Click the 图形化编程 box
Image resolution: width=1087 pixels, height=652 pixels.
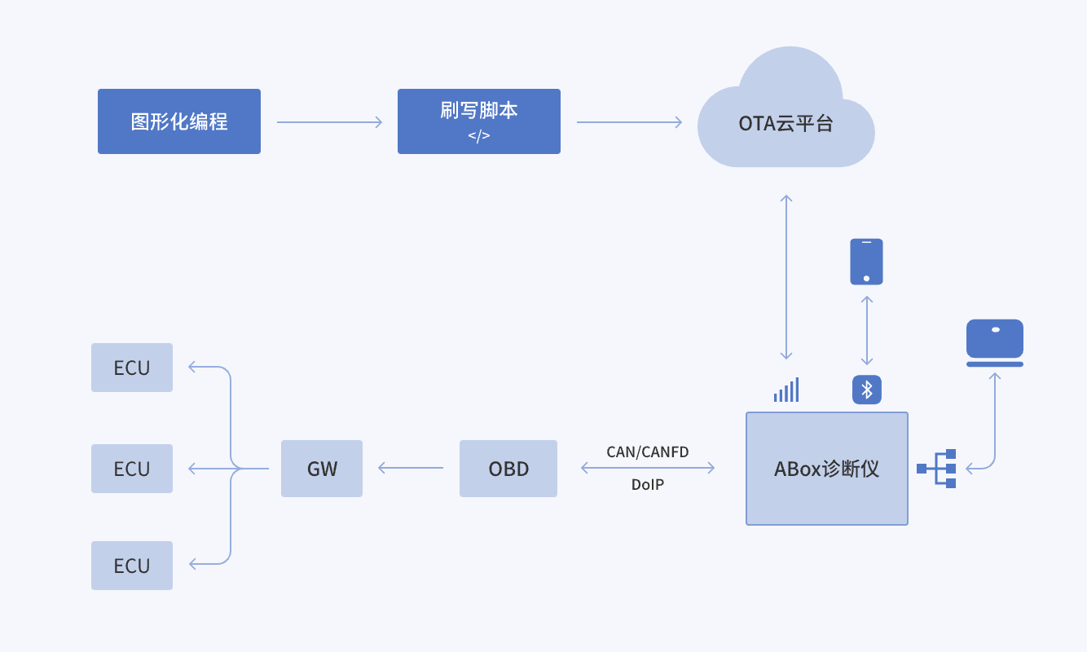[179, 121]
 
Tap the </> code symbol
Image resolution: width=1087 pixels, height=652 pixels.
[479, 136]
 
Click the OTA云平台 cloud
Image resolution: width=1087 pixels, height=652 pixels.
[786, 123]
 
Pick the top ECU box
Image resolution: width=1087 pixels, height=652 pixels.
[132, 368]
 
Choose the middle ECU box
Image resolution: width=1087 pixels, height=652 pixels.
[132, 469]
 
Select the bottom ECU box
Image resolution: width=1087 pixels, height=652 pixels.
[132, 566]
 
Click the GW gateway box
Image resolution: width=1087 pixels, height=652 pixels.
[322, 469]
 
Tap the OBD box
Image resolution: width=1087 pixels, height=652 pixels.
[508, 469]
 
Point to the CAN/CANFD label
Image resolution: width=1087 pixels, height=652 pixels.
[648, 452]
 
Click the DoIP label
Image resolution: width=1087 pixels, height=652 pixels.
[648, 484]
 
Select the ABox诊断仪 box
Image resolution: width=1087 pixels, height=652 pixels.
[827, 469]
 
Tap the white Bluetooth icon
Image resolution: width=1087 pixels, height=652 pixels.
[867, 390]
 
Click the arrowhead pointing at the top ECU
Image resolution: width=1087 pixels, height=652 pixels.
[193, 367]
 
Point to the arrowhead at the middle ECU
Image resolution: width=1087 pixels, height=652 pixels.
[193, 469]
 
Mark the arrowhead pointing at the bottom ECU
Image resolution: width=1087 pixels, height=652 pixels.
[193, 563]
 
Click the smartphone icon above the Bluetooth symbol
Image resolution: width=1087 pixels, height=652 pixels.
[866, 261]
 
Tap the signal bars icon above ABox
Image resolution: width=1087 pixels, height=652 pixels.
[786, 391]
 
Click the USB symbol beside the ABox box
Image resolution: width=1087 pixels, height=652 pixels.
[949, 469]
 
